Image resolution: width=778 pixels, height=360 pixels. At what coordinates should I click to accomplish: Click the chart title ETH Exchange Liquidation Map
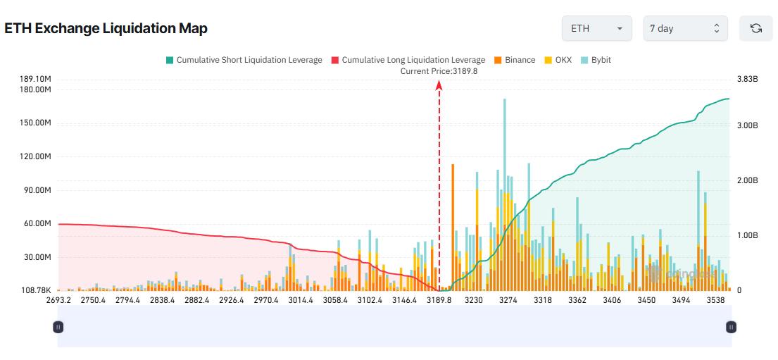pos(106,28)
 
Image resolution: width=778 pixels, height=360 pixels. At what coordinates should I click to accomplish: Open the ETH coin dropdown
pos(596,29)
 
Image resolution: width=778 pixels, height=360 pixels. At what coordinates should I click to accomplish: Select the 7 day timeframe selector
pos(685,29)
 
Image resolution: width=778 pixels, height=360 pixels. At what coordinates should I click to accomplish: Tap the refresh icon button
pos(756,29)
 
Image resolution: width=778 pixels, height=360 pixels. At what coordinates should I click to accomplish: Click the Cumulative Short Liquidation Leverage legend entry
pos(244,60)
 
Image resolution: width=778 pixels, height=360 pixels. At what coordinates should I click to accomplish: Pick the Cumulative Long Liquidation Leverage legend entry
pos(408,60)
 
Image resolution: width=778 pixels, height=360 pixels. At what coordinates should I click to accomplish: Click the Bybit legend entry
pos(596,60)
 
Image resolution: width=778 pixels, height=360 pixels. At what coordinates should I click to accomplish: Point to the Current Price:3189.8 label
pos(439,70)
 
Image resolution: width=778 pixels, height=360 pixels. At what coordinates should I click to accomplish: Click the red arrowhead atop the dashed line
pos(439,85)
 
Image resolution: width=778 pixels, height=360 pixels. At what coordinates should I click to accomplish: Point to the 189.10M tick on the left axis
pos(36,79)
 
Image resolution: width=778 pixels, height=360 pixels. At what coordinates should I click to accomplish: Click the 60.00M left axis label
pos(37,223)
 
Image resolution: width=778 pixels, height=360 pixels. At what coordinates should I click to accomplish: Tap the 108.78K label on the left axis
pos(36,290)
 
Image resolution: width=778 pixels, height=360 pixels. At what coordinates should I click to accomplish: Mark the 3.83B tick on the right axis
pos(747,79)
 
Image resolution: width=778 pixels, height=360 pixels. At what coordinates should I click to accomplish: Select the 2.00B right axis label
pos(747,180)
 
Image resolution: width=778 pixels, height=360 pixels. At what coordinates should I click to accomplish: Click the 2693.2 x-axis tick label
pos(58,300)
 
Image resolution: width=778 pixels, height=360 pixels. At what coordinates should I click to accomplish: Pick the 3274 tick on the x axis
pos(508,300)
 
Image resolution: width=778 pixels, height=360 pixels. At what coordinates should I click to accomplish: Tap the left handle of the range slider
pos(58,327)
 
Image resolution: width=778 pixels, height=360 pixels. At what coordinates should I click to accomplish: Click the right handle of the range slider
pos(732,327)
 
